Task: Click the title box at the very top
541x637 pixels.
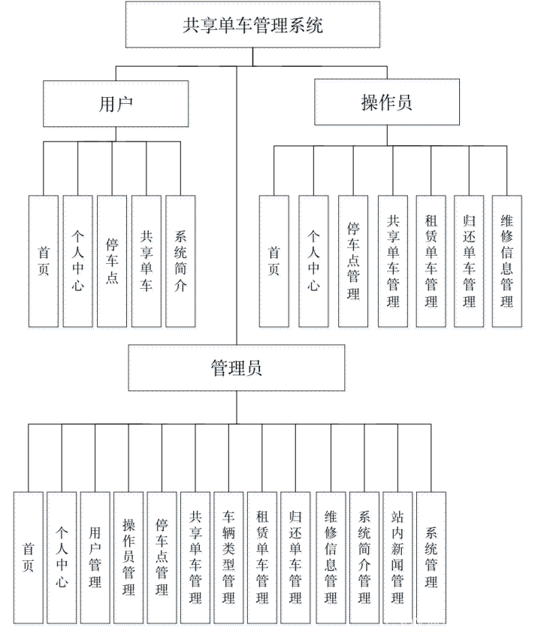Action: [254, 26]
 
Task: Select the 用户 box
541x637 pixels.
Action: [117, 105]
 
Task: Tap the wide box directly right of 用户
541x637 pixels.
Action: [388, 104]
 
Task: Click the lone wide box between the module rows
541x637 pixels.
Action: [238, 369]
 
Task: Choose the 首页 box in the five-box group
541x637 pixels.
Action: [44, 263]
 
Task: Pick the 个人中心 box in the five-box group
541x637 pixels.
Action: [79, 263]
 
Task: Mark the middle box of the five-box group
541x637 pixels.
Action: [113, 263]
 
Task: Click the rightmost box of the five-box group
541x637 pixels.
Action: [182, 263]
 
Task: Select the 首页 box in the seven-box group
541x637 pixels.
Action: [275, 263]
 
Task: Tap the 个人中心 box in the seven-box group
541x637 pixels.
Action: [315, 263]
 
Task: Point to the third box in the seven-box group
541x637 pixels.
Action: [355, 263]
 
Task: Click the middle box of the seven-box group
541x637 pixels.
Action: [394, 263]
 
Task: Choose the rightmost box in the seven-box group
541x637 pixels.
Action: [508, 263]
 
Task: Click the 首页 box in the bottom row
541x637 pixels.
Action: [29, 560]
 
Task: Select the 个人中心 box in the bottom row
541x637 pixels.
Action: [63, 560]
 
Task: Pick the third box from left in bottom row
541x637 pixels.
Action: [96, 560]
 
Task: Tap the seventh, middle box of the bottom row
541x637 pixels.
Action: [230, 560]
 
